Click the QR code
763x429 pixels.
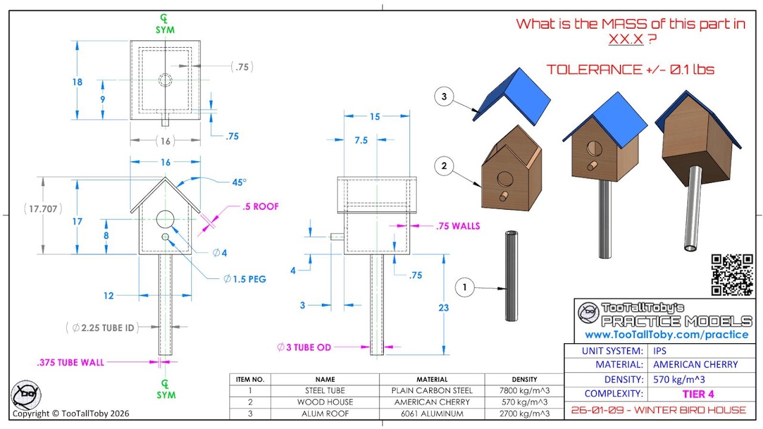pos(732,275)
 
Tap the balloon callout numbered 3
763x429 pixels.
pos(444,97)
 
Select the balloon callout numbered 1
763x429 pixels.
pos(464,287)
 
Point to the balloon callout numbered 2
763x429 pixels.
pos(444,166)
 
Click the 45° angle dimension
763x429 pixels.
pos(239,182)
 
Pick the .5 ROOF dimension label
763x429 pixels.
pos(260,206)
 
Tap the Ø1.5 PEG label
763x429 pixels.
pos(244,279)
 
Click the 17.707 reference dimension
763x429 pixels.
pos(43,209)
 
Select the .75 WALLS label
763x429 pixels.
pos(458,226)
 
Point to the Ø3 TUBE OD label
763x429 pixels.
pos(304,347)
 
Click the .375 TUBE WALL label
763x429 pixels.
pos(70,363)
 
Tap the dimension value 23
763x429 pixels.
pos(443,308)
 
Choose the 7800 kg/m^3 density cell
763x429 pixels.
pos(525,390)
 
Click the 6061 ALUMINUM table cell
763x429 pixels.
pos(432,414)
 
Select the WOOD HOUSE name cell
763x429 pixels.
pos(325,402)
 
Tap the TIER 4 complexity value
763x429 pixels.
pos(698,394)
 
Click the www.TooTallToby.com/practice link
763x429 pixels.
pos(666,335)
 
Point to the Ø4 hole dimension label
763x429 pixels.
pos(220,253)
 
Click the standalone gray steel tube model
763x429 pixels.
pos(511,276)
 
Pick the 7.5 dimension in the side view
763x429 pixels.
pos(361,140)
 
